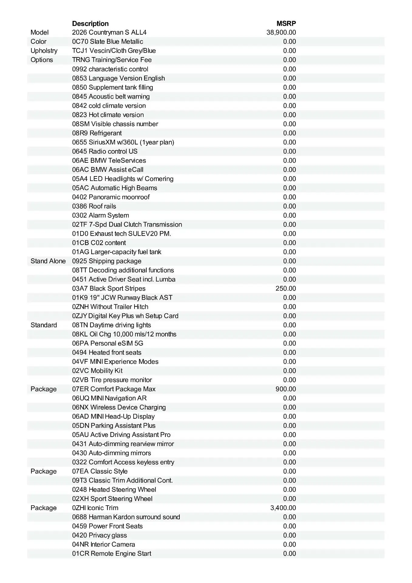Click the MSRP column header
point(286,23)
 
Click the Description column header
point(90,23)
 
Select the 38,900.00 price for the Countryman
point(281,32)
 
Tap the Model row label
point(39,32)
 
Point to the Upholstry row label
point(44,51)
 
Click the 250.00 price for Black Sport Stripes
point(286,288)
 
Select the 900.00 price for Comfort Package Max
point(286,389)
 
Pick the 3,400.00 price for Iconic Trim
point(283,508)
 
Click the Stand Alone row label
point(48,261)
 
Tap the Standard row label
point(44,325)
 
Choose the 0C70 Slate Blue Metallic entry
point(107,42)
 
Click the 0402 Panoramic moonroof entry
point(111,197)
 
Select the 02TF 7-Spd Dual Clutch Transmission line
point(127,224)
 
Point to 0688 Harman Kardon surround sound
point(126,517)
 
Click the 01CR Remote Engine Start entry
point(111,554)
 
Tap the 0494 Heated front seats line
point(107,353)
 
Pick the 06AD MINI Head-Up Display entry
point(113,416)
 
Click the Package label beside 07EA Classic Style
point(44,471)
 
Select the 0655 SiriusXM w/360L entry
point(123,142)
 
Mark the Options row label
point(42,60)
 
